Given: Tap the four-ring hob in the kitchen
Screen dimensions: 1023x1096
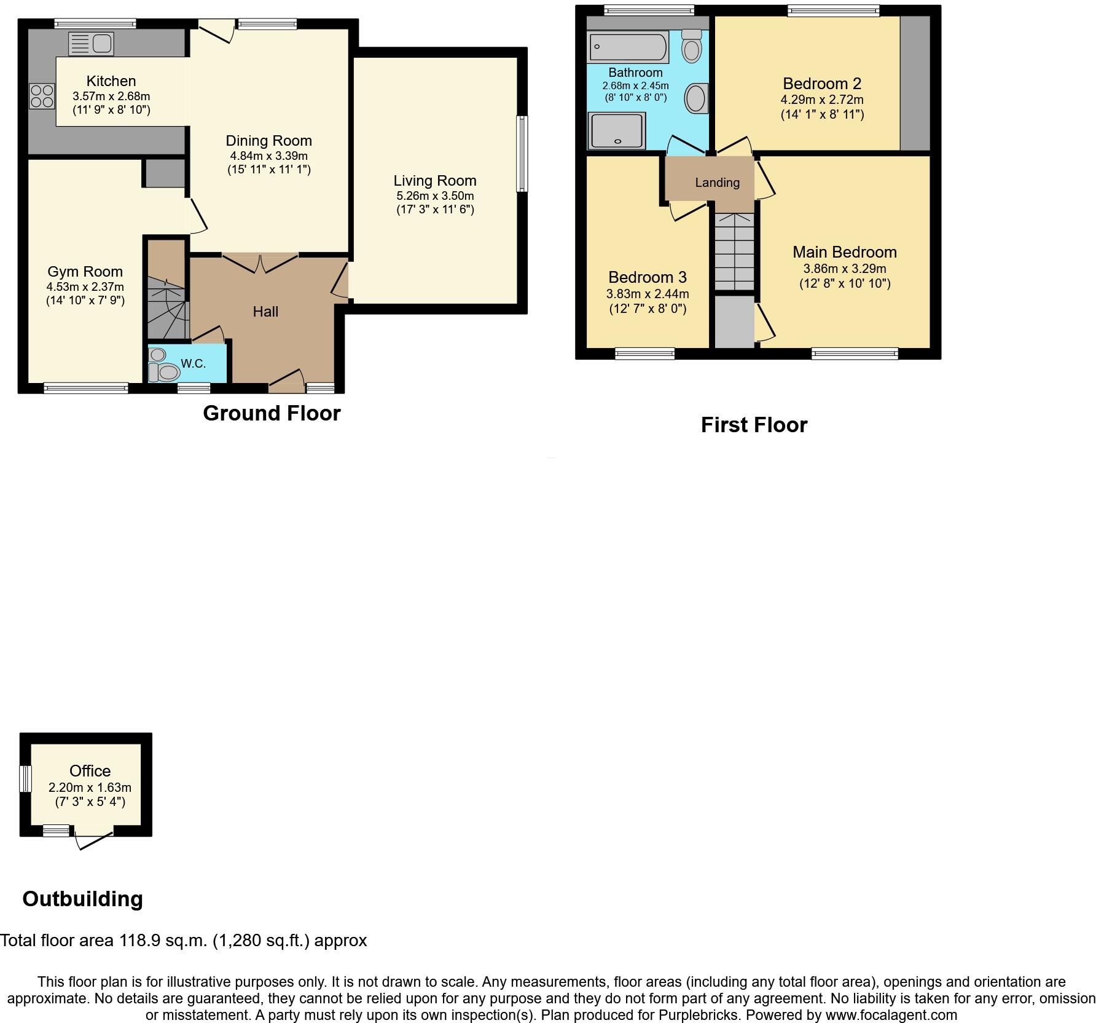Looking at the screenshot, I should pyautogui.click(x=42, y=97).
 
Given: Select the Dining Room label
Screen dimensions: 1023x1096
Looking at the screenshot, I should pyautogui.click(x=268, y=141).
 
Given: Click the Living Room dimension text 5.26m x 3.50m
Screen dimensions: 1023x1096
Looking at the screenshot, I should pyautogui.click(x=435, y=196).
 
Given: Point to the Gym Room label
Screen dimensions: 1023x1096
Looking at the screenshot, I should pyautogui.click(x=85, y=272).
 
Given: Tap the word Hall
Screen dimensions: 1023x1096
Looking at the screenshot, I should pyautogui.click(x=265, y=312).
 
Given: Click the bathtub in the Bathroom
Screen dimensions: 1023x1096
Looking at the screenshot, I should pyautogui.click(x=628, y=47).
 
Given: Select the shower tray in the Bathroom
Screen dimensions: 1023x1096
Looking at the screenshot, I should pyautogui.click(x=617, y=130).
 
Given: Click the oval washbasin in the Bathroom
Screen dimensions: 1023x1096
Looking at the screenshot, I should pyautogui.click(x=695, y=98).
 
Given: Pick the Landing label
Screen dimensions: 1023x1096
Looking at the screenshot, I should pyautogui.click(x=717, y=183).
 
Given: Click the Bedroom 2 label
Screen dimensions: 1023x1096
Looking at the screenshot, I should pyautogui.click(x=822, y=84).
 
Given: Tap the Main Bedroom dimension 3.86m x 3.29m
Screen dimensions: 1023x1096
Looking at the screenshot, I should pyautogui.click(x=844, y=269).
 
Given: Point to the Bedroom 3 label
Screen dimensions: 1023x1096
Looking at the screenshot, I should pyautogui.click(x=647, y=277).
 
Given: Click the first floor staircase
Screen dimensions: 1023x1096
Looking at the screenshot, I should pyautogui.click(x=734, y=252).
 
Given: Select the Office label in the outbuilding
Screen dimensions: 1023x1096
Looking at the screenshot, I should pyautogui.click(x=90, y=771).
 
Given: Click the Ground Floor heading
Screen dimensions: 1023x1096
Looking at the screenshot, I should pyautogui.click(x=272, y=413).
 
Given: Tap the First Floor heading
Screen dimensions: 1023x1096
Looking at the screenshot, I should pyautogui.click(x=754, y=425).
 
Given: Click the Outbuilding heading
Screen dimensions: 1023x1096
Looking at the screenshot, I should pyautogui.click(x=82, y=899).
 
